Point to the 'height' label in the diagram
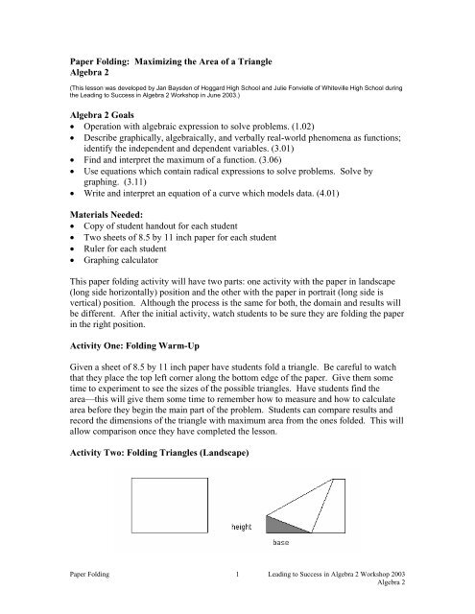243,527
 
